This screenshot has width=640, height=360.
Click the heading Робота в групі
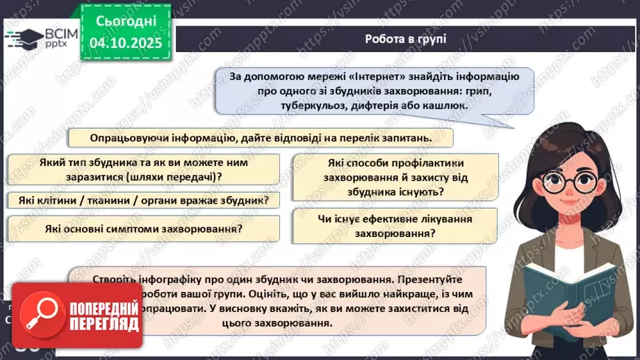[x=405, y=39]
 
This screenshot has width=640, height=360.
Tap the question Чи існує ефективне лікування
[x=395, y=220]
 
